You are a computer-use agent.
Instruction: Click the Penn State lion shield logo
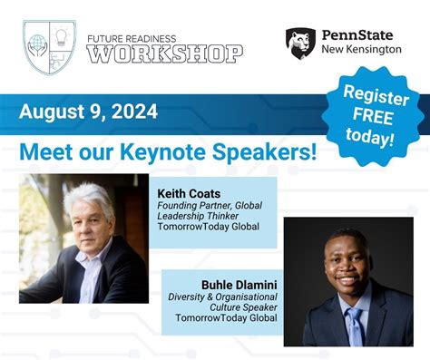click(300, 42)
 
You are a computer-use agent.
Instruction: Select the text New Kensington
click(361, 49)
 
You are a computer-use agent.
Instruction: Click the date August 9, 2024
click(89, 112)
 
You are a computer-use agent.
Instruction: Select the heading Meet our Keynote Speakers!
click(168, 150)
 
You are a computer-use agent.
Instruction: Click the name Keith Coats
click(189, 193)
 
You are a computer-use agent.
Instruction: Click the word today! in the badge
click(370, 138)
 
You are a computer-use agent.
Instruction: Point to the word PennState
click(361, 34)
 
